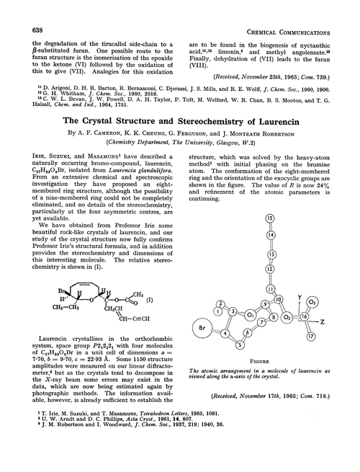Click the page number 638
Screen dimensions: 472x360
21,9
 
